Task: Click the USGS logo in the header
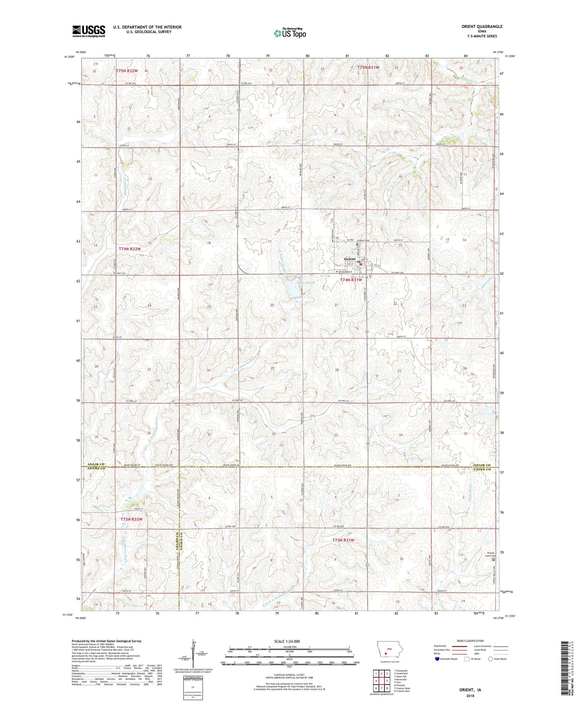[x=89, y=31]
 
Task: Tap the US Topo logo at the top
[x=290, y=33]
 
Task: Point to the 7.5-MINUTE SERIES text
[x=483, y=36]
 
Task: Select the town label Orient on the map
[x=349, y=259]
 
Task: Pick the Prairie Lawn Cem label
[x=491, y=555]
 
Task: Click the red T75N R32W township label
[x=127, y=71]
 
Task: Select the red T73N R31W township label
[x=343, y=540]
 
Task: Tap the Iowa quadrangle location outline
[x=385, y=649]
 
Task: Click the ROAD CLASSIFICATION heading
[x=470, y=641]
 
